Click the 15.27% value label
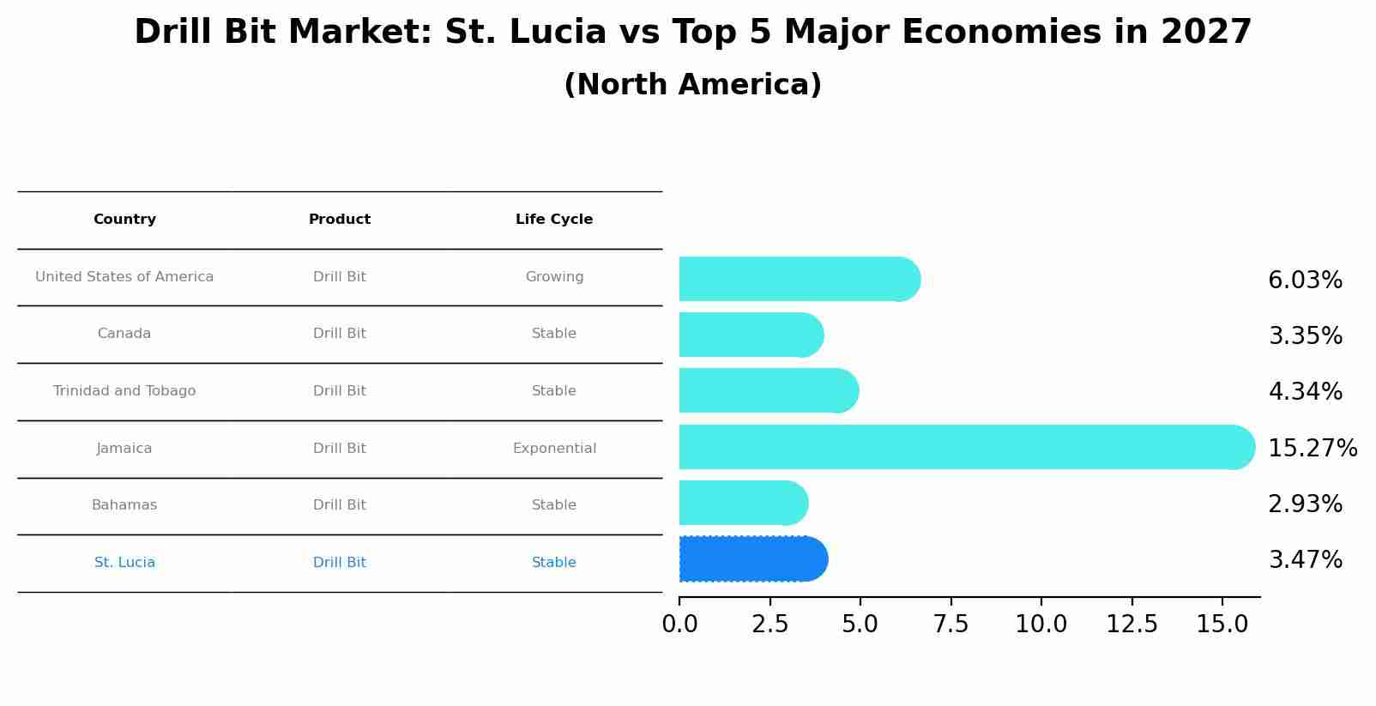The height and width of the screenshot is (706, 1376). click(x=1312, y=449)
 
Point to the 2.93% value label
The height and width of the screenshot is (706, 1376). click(x=1305, y=504)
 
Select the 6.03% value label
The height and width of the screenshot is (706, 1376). click(x=1305, y=281)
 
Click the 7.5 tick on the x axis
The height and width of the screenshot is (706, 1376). click(x=951, y=625)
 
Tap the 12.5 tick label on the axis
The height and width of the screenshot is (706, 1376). click(x=1132, y=625)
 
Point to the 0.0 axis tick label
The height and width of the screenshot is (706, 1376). click(x=679, y=625)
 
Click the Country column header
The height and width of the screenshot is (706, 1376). click(x=124, y=220)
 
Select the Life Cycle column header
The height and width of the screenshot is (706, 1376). click(x=553, y=220)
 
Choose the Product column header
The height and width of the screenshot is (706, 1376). click(x=339, y=220)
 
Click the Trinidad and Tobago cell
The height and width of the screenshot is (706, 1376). click(x=124, y=391)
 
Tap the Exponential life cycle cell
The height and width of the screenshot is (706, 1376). click(x=553, y=449)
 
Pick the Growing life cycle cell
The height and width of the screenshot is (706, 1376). click(x=553, y=277)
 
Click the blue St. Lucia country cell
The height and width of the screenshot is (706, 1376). click(x=124, y=563)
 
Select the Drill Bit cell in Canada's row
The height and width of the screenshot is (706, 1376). click(x=339, y=334)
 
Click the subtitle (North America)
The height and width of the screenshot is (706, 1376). click(x=692, y=85)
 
